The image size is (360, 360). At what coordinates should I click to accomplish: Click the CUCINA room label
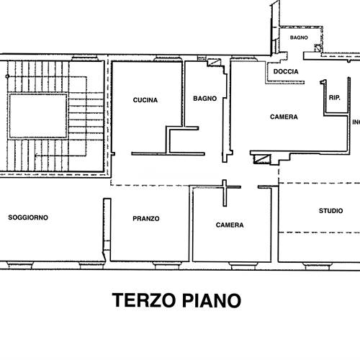[145, 100]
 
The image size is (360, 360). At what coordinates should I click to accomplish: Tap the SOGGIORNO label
[28, 217]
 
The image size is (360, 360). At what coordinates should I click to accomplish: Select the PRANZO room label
[146, 219]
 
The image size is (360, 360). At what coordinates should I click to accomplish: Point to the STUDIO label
[330, 211]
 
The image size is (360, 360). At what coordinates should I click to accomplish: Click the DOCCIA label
[286, 71]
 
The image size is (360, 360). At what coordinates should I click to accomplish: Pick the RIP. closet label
[335, 98]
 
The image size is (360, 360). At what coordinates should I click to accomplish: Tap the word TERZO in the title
[144, 300]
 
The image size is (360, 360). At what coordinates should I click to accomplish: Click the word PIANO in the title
[212, 300]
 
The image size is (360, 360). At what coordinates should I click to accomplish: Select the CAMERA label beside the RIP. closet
[284, 117]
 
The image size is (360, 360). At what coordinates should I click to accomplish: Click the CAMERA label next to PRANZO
[230, 225]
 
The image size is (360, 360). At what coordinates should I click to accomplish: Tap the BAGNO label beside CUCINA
[205, 99]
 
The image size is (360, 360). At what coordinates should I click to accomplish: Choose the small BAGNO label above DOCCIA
[299, 37]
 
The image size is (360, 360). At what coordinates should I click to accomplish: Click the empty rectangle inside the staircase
[38, 116]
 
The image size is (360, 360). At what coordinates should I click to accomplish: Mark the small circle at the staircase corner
[7, 76]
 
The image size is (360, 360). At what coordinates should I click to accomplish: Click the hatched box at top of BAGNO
[214, 63]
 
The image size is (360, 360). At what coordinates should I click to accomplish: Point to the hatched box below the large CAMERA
[262, 159]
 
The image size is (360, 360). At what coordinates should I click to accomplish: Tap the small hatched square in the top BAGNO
[318, 48]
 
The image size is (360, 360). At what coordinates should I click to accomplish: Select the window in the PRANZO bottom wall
[167, 266]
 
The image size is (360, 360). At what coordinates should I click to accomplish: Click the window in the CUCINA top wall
[168, 58]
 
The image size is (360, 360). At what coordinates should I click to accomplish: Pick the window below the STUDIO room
[318, 266]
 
